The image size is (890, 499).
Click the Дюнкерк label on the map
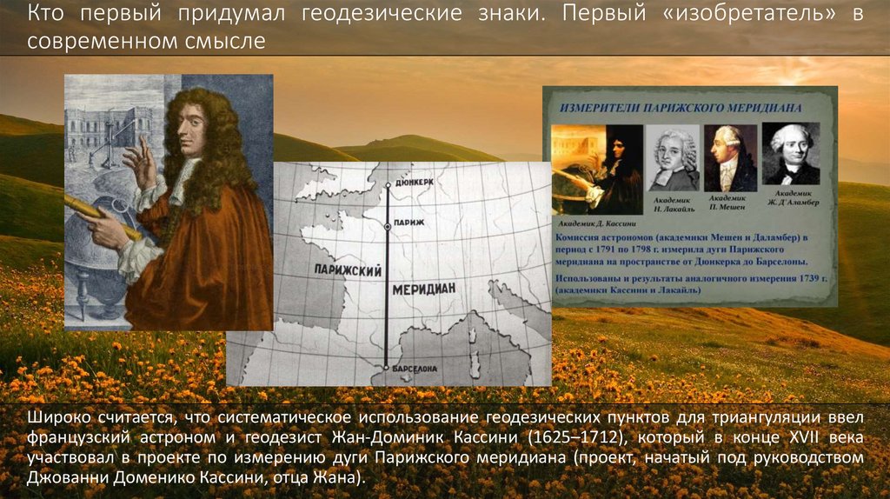click(413, 184)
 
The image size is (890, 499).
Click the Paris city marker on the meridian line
click(386, 224)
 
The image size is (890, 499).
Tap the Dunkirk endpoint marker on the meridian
click(386, 185)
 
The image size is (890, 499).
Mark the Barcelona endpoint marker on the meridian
click(386, 369)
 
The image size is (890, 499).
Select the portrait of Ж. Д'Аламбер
click(791, 153)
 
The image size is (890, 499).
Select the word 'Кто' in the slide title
click(44, 16)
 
